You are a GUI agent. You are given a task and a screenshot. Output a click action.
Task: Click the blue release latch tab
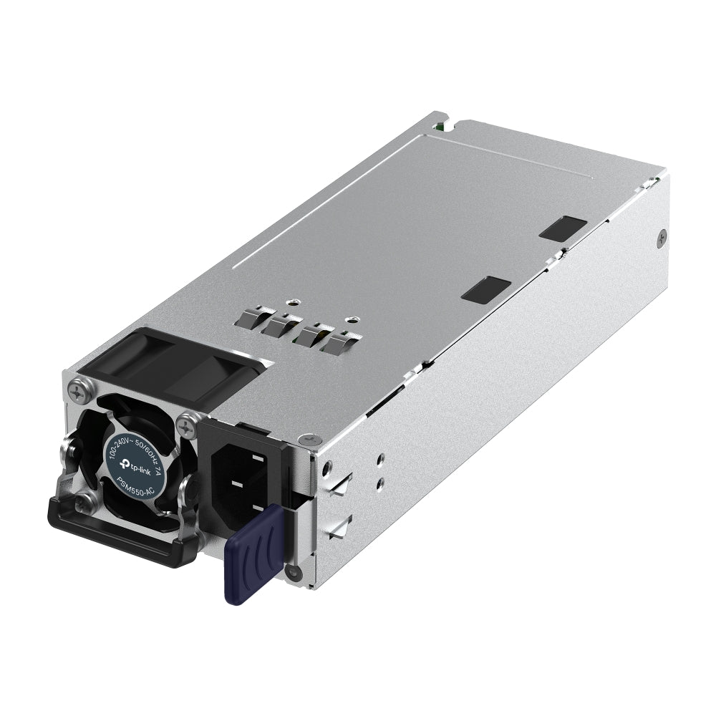pyautogui.click(x=251, y=551)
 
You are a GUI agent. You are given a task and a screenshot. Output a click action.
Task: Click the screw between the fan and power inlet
pyautogui.click(x=188, y=426)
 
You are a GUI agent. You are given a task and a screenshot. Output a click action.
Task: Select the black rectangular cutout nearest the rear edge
pyautogui.click(x=563, y=228)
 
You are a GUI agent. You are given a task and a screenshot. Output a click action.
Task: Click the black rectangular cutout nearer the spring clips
pyautogui.click(x=486, y=289)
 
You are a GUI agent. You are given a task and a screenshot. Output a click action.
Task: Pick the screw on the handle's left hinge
pyautogui.click(x=86, y=501)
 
